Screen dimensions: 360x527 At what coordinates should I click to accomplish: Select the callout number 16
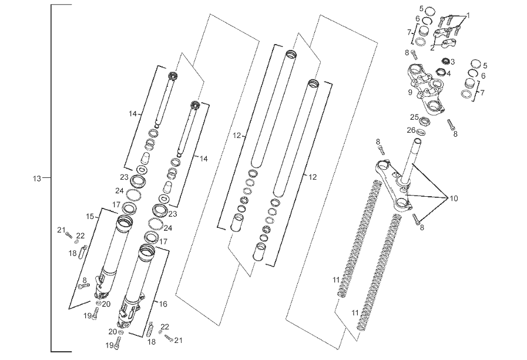pyautogui.click(x=163, y=304)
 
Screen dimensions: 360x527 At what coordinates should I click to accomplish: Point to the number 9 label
pyautogui.click(x=409, y=92)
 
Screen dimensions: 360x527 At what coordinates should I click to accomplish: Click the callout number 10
pyautogui.click(x=454, y=198)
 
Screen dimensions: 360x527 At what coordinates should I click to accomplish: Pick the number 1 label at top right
pyautogui.click(x=468, y=15)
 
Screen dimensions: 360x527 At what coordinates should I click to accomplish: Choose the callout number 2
pyautogui.click(x=432, y=48)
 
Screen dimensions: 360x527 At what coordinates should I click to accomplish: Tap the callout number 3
pyautogui.click(x=452, y=61)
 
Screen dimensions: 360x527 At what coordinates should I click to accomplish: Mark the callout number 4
pyautogui.click(x=448, y=73)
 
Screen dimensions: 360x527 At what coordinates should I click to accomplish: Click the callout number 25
pyautogui.click(x=414, y=117)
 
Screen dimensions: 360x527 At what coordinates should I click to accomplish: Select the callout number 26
pyautogui.click(x=411, y=130)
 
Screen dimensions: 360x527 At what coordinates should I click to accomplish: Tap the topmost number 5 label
pyautogui.click(x=421, y=8)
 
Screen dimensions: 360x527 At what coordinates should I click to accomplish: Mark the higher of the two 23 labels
pyautogui.click(x=124, y=176)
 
